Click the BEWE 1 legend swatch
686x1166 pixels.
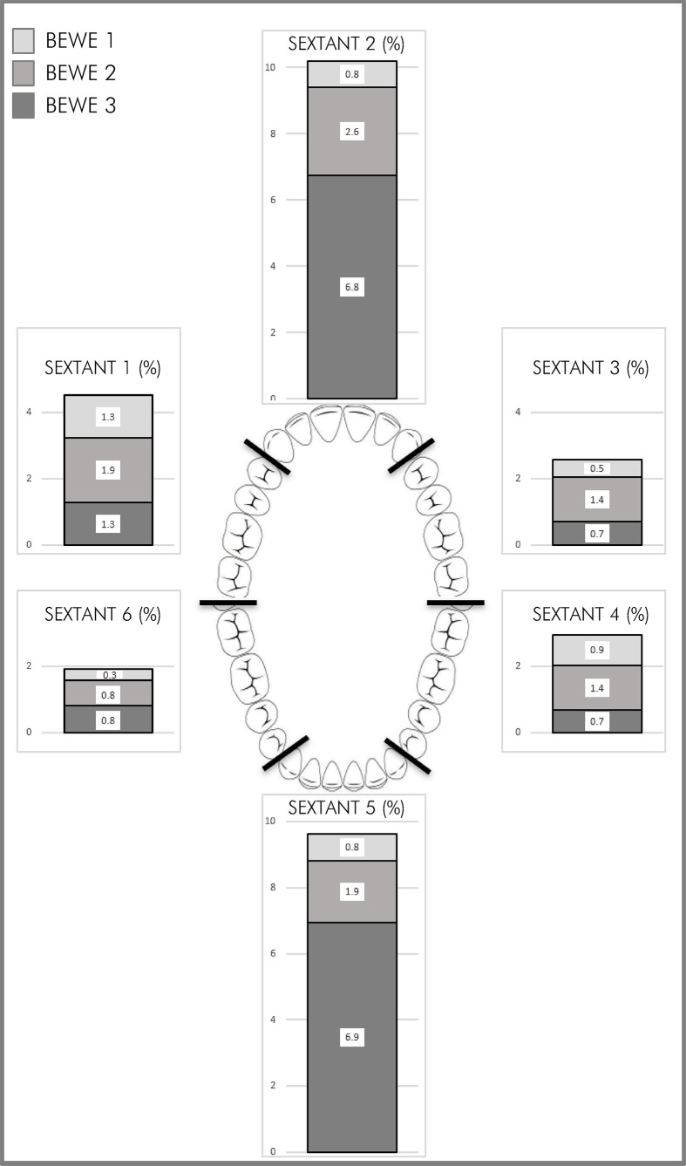(24, 41)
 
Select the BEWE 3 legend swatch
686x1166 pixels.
(24, 106)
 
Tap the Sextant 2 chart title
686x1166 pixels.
(346, 44)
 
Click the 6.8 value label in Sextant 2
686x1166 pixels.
(352, 287)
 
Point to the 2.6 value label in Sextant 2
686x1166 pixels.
(352, 132)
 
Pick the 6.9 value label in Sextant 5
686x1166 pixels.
(352, 1037)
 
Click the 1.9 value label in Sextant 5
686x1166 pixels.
(352, 891)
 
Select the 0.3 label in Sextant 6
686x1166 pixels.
(109, 675)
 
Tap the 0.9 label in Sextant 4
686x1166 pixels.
(597, 650)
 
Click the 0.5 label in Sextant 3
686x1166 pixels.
(597, 468)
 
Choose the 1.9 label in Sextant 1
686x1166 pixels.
(108, 470)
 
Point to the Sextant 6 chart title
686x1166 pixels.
(103, 614)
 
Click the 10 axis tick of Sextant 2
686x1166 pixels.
(270, 67)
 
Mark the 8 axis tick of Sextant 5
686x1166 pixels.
(273, 887)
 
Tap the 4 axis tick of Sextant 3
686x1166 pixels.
(518, 412)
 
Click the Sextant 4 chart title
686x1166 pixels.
(591, 614)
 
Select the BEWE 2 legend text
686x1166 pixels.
(80, 73)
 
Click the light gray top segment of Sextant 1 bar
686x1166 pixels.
(108, 417)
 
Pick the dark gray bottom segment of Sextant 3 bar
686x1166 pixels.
(597, 533)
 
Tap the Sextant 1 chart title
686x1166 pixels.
(103, 368)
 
